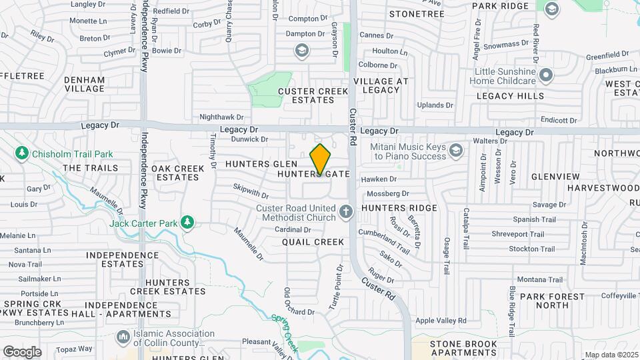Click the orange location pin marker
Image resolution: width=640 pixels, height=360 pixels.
(321, 159)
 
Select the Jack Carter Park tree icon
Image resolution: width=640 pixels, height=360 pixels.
(188, 222)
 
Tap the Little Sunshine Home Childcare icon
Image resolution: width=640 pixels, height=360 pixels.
(547, 74)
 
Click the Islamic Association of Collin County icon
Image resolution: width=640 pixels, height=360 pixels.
(123, 338)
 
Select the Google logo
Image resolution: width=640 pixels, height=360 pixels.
(22, 352)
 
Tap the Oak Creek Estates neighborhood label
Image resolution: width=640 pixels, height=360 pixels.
(177, 173)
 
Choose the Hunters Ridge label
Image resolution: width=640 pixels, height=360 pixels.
(399, 208)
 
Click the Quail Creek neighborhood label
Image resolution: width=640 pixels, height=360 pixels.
(313, 242)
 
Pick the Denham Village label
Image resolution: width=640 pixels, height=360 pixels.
(85, 83)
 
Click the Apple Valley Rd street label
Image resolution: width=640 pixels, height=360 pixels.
(441, 321)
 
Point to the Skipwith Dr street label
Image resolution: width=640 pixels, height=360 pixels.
(251, 192)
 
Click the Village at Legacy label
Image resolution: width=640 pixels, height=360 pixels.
(381, 85)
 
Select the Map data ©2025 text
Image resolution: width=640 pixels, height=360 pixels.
(610, 355)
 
